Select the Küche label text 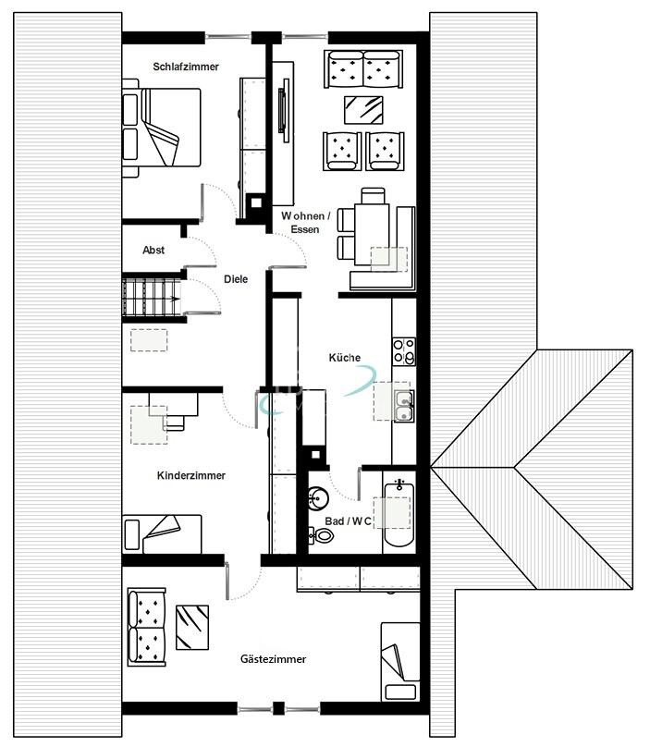coord(345,358)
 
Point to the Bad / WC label coord(349,521)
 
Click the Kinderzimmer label coord(191,476)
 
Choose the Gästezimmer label coord(273,659)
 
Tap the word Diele coord(236,278)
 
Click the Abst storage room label coord(153,251)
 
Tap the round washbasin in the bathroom coord(317,498)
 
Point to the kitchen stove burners coord(404,350)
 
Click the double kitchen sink coord(404,405)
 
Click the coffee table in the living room coord(364,109)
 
